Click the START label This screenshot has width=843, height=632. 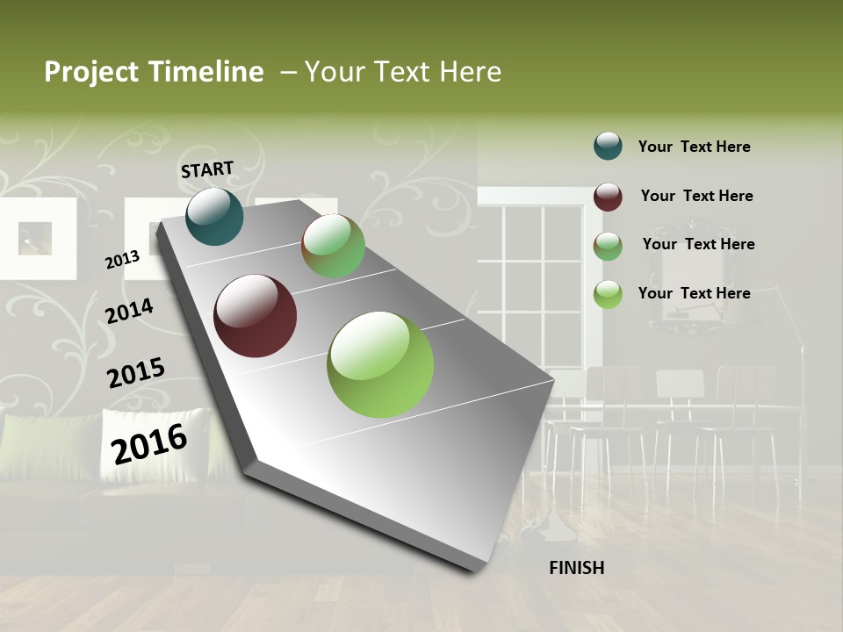pos(207,169)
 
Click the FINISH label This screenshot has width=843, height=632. pos(576,568)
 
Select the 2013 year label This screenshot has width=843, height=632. pos(122,259)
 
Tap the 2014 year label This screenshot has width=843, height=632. pos(129,311)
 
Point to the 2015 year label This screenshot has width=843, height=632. pos(135,373)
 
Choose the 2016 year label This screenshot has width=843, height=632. pos(149,443)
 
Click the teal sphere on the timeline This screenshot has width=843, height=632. pos(214,217)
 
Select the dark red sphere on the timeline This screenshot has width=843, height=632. pos(256,316)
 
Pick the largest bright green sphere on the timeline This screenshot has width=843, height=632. pos(380,364)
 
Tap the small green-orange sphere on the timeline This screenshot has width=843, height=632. pos(334,246)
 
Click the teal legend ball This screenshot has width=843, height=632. pos(608,146)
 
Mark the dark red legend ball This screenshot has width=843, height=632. pos(608,196)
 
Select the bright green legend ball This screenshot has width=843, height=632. pos(608,294)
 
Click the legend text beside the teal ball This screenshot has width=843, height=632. pos(694,147)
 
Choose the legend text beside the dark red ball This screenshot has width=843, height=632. pos(696,196)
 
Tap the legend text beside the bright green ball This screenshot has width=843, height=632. pos(694,293)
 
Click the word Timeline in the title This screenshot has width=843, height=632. pos(206,72)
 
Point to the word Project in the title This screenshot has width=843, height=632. pos(92,72)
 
